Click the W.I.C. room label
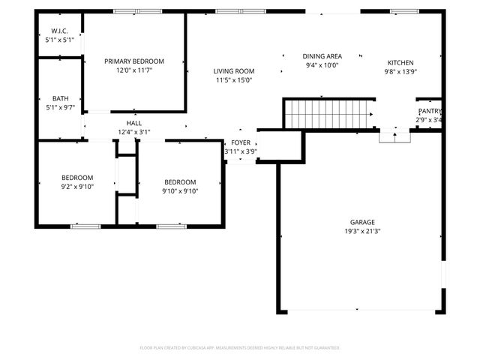click(x=60, y=31)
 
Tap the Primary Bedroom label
click(x=133, y=61)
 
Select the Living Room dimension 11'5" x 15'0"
click(x=234, y=79)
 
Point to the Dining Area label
click(x=322, y=56)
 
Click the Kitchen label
click(x=400, y=62)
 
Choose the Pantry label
click(x=429, y=111)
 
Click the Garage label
click(x=362, y=222)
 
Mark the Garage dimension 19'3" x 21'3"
click(x=362, y=231)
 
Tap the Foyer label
click(x=241, y=142)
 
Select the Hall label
click(x=134, y=123)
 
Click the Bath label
click(x=60, y=98)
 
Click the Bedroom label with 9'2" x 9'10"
click(x=77, y=178)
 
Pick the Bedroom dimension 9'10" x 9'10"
click(x=180, y=190)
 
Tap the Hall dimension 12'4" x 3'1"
click(x=134, y=132)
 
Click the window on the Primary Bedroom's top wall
click(x=137, y=11)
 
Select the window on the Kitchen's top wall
click(x=403, y=11)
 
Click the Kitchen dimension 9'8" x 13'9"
click(x=400, y=72)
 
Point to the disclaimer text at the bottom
click(x=240, y=348)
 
